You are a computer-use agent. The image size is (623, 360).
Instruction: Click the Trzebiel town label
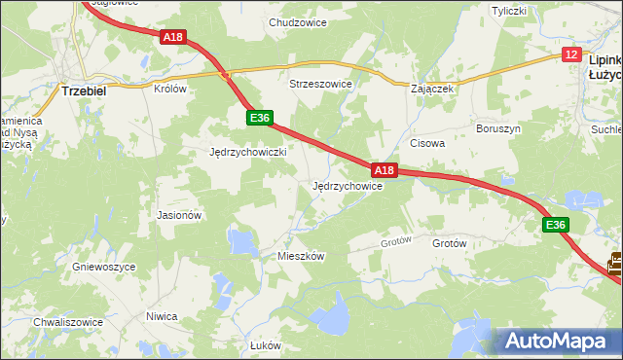point(83,90)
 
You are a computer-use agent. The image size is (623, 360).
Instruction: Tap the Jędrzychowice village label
point(347,186)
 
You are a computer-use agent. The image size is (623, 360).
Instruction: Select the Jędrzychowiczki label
point(247,153)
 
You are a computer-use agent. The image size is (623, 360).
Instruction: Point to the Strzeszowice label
point(320,85)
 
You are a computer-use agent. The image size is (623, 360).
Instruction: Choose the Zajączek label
point(433,88)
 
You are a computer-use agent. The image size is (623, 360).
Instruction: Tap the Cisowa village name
point(427,143)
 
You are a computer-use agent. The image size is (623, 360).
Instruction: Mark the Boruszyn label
point(498,128)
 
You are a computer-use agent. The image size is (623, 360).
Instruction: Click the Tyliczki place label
point(509,12)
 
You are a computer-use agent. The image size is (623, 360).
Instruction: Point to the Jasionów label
point(179,215)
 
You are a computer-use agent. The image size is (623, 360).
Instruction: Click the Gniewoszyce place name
point(103,267)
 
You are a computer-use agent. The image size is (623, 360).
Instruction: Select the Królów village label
point(169,88)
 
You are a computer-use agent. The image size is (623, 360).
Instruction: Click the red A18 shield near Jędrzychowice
point(385,170)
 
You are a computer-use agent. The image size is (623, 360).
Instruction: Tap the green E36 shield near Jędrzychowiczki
point(258,118)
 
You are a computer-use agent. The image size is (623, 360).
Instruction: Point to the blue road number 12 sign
point(571,55)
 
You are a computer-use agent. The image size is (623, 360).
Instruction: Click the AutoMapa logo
point(558,342)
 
